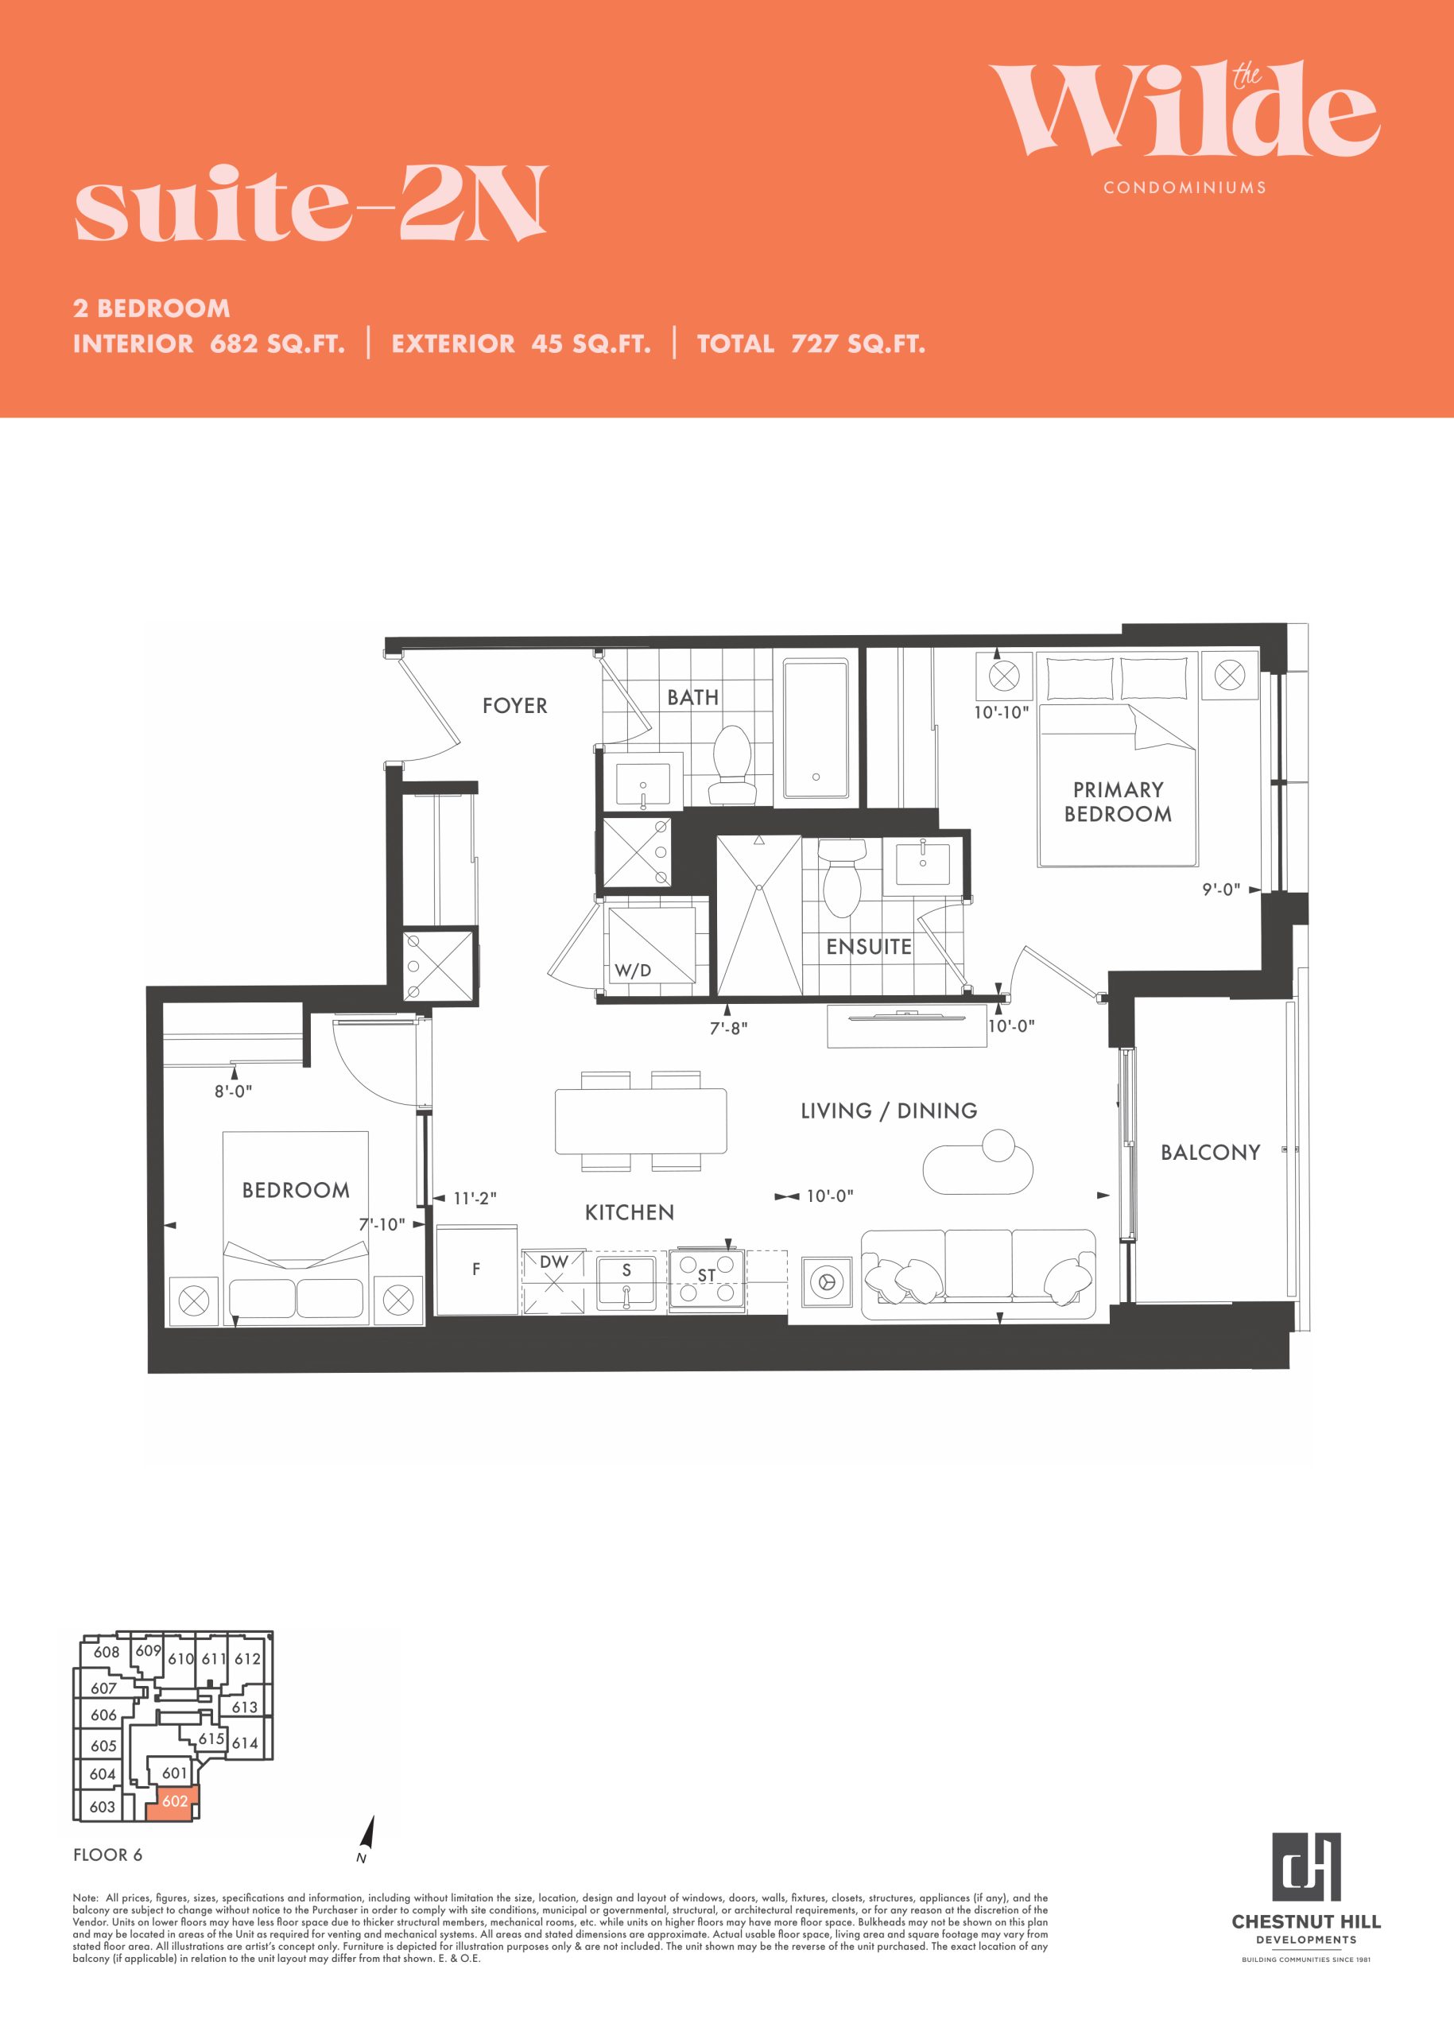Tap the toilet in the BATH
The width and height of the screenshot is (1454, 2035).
click(731, 764)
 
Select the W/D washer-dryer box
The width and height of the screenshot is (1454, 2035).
click(651, 945)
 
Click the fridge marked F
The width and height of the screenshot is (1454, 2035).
click(476, 1269)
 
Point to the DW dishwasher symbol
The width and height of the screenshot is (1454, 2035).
click(553, 1281)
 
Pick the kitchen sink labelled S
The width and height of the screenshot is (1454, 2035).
click(626, 1281)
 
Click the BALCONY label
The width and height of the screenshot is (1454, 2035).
click(1210, 1153)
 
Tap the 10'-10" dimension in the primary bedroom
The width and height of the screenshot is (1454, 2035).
click(1001, 713)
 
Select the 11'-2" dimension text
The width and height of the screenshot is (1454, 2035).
click(475, 1198)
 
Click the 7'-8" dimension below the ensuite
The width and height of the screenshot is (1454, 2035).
click(729, 1029)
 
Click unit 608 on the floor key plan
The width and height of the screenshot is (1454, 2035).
click(107, 1652)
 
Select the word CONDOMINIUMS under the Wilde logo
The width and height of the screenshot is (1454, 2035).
click(1185, 187)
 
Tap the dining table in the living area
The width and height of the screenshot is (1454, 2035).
click(640, 1120)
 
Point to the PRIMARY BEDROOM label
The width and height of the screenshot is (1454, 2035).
click(1118, 801)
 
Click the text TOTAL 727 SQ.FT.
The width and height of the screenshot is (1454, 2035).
click(811, 343)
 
